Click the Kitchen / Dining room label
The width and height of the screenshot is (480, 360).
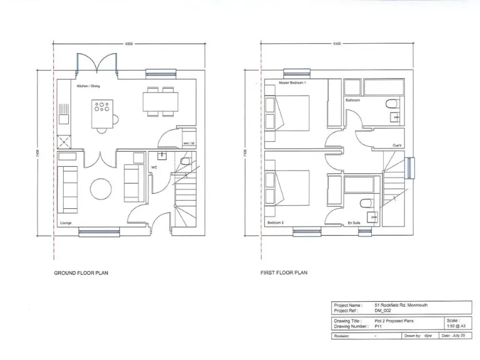(x=88, y=86)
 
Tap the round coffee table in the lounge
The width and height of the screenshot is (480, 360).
(x=101, y=188)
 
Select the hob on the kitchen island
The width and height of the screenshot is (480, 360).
(x=101, y=107)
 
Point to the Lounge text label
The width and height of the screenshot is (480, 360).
(x=66, y=223)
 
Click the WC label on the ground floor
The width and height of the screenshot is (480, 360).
(x=154, y=167)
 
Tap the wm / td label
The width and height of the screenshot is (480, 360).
(x=189, y=144)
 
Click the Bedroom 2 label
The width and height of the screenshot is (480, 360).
(x=276, y=222)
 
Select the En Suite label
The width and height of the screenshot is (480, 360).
(x=353, y=222)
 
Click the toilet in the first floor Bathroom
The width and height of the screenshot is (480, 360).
(x=392, y=103)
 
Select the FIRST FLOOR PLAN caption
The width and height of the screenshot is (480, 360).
(x=284, y=273)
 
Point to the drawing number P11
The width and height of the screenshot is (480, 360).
(x=378, y=326)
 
